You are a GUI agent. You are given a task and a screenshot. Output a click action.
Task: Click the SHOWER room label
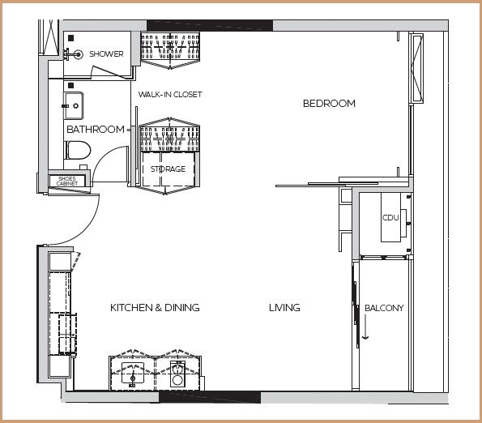[106, 53]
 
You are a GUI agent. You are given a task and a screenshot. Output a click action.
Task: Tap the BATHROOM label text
[96, 129]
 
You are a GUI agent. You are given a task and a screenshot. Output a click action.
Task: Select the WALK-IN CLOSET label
[170, 94]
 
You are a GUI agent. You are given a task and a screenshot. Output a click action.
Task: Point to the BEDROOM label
[329, 103]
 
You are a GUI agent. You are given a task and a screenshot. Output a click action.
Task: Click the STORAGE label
[168, 169]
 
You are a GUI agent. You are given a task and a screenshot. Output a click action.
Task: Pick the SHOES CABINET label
[67, 181]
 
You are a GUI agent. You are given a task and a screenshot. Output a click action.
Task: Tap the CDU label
[390, 218]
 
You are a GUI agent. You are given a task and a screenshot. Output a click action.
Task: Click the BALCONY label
[384, 308]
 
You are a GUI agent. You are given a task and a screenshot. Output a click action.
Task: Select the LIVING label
[284, 308]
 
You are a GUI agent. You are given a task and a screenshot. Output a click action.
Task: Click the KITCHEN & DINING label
[155, 308]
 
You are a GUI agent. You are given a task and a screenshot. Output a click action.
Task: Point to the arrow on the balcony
[365, 327]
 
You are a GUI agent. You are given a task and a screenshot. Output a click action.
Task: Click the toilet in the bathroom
[77, 150]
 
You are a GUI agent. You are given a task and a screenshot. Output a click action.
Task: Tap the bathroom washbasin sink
[74, 105]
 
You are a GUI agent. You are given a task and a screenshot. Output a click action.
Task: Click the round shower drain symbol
[79, 55]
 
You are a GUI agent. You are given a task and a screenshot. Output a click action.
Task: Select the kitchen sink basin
[133, 373]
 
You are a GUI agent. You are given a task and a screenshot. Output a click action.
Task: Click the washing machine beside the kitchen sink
[177, 374]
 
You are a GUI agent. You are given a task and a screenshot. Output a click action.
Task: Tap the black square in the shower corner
[71, 38]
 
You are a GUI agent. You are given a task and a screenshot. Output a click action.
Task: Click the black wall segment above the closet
[210, 25]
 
